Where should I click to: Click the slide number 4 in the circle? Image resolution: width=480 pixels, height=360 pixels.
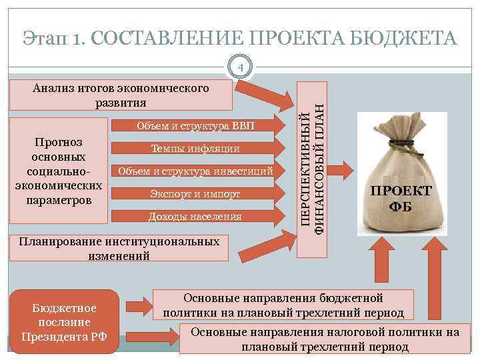click(242, 67)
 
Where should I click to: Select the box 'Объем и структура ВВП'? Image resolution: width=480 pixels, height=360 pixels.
click(195, 127)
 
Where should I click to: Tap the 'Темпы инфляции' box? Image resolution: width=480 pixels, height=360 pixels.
click(195, 149)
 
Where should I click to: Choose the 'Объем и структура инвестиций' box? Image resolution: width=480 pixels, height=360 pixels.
click(195, 171)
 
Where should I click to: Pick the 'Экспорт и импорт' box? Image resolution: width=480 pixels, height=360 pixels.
click(195, 194)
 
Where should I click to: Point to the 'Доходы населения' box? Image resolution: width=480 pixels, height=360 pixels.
click(195, 217)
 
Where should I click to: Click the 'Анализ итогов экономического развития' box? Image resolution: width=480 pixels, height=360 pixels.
click(121, 95)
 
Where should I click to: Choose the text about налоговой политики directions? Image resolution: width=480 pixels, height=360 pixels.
click(325, 339)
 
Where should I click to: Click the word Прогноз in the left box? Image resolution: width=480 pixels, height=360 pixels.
click(57, 143)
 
